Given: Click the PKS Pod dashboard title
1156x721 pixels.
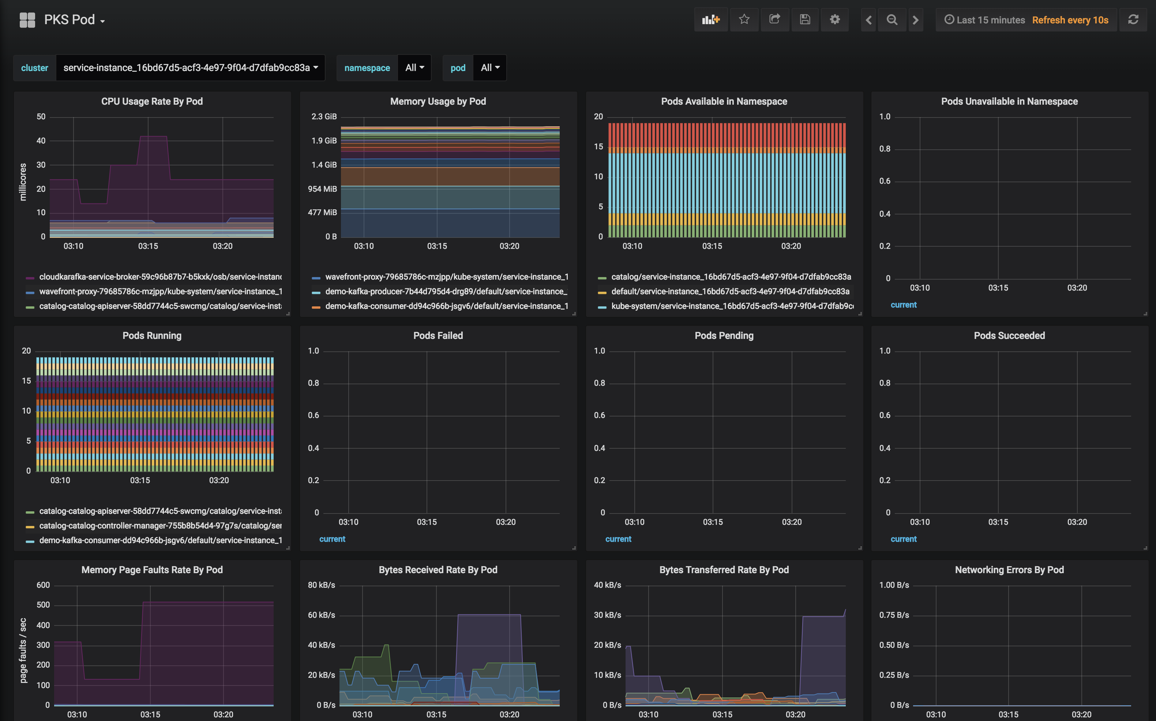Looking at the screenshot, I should pos(70,19).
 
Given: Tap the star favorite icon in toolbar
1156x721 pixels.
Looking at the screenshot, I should pos(744,19).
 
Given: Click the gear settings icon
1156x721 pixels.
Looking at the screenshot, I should pos(834,19).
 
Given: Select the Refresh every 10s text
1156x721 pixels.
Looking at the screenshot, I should pos(1070,20).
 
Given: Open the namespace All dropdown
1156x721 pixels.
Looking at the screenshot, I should pos(414,68).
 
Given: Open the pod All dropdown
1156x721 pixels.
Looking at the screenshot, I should pos(489,68).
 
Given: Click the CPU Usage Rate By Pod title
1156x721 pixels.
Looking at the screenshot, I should pos(152,101).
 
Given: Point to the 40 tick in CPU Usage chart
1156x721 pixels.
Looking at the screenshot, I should pos(41,141).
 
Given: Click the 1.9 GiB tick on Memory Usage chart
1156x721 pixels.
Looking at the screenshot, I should pos(324,141).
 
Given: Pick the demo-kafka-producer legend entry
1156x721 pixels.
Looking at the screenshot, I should pos(446,291).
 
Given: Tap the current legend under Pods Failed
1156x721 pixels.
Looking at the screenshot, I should pos(332,539).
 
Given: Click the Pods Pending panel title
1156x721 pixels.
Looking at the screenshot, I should pos(724,335).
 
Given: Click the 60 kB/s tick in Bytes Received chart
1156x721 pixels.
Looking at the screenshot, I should pos(321,615).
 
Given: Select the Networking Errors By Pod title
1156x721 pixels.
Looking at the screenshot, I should pos(1009,569).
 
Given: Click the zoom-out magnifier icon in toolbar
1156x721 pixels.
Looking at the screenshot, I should pos(892,19).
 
